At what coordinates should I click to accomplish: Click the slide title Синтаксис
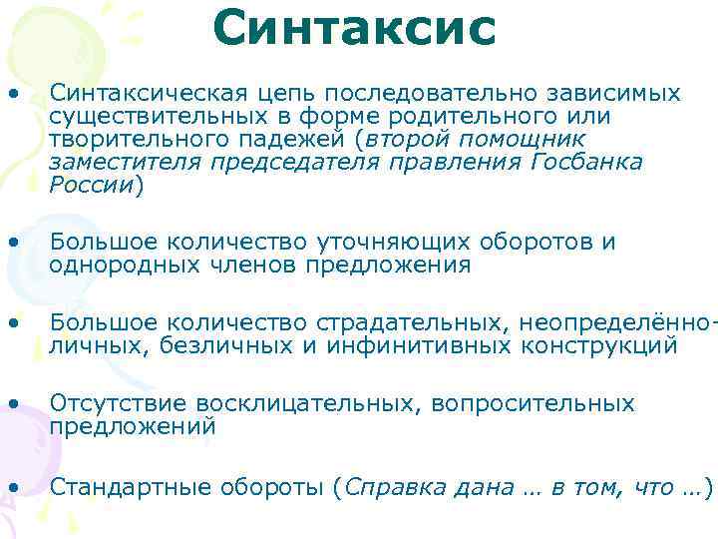354,28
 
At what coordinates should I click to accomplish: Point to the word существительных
141,117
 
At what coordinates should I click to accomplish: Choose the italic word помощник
530,139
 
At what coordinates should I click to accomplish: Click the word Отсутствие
120,404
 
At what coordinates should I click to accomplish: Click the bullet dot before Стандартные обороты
13,487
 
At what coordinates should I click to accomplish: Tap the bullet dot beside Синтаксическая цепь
13,94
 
